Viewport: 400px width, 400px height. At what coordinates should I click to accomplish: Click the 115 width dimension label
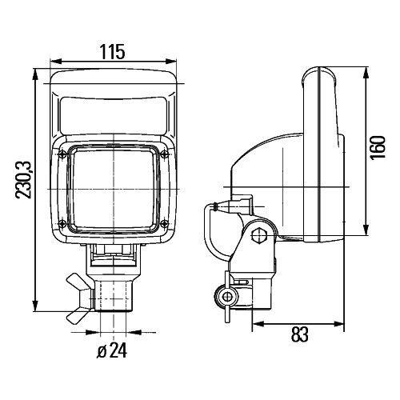point(114,52)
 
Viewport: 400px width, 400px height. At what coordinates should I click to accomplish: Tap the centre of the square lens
point(114,188)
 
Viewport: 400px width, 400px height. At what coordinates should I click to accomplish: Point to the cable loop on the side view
point(210,232)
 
